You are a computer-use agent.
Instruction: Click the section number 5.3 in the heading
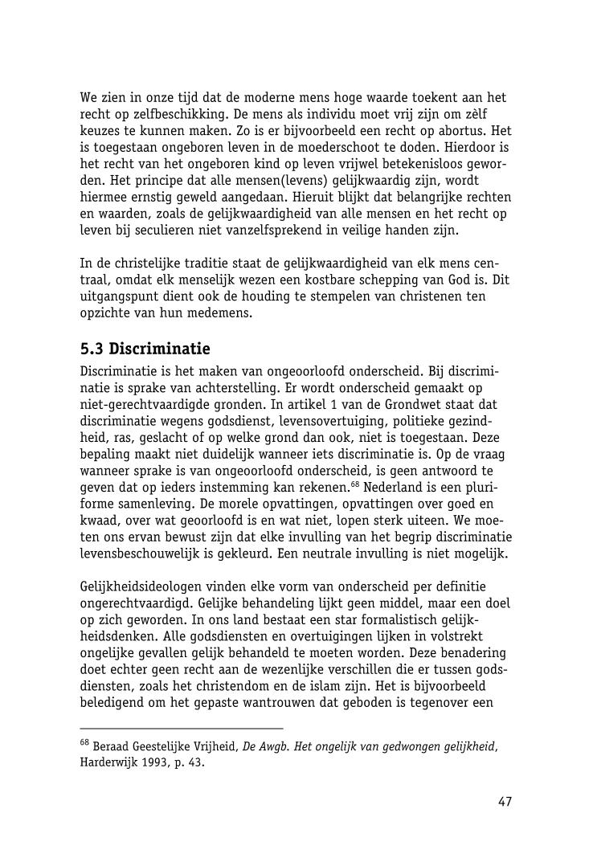pyautogui.click(x=92, y=349)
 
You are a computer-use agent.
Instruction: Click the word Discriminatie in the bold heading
pyautogui.click(x=159, y=349)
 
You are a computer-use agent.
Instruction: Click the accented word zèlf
pyautogui.click(x=494, y=114)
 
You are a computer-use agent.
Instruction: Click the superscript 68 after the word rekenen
pyautogui.click(x=355, y=486)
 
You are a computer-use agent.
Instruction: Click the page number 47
pyautogui.click(x=505, y=802)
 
